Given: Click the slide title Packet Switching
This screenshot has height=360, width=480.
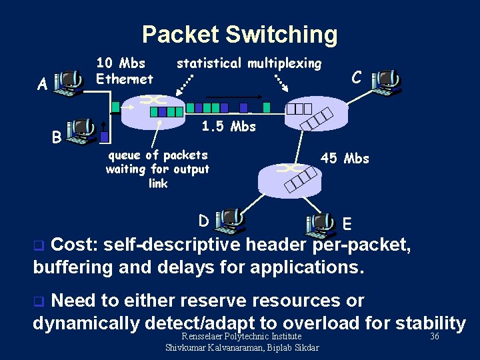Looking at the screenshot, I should coord(239,34).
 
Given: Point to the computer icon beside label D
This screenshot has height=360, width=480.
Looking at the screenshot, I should coord(231,221).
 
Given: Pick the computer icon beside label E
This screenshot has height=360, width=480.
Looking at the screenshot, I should coord(321,225).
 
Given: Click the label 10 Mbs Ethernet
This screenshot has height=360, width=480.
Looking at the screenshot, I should coord(125,71).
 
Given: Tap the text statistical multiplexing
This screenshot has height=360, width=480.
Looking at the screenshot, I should coord(249,63).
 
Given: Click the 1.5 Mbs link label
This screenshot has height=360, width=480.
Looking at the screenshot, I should coord(229,127).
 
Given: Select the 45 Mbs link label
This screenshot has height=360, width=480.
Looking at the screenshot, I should coord(345,159).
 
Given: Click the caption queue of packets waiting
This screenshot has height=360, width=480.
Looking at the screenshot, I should coord(158,169).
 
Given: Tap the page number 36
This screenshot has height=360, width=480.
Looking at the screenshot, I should coord(435,337).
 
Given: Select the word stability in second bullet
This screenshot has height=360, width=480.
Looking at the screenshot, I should coord(430,323).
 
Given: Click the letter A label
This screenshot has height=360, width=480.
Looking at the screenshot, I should coord(42,85).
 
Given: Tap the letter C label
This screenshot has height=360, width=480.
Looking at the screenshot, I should coord(357,77).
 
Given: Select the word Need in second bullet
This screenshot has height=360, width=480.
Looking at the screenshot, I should coord(74,301).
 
